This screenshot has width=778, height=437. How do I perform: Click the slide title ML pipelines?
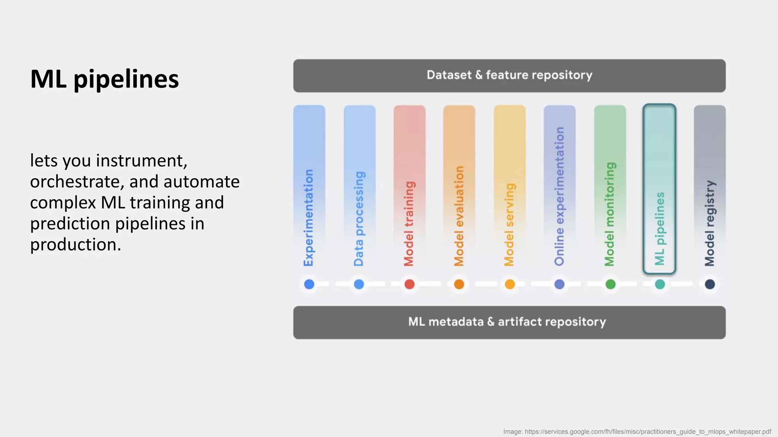[x=104, y=79]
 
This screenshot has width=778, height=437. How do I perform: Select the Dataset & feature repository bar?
[x=509, y=75]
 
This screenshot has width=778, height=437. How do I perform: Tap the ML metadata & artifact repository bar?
[x=509, y=322]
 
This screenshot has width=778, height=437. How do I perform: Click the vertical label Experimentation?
[x=309, y=217]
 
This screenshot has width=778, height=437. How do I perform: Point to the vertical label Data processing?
[x=359, y=218]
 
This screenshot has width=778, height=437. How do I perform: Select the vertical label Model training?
[x=409, y=223]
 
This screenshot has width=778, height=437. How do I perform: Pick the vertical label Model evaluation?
[x=459, y=216]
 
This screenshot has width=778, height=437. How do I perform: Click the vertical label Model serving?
[x=509, y=224]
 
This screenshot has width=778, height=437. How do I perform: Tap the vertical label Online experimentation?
[x=559, y=196]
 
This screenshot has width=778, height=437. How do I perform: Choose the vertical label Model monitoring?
[x=610, y=214]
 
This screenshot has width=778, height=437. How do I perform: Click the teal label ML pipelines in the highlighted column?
[x=660, y=228]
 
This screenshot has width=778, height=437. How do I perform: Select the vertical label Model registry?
[x=710, y=223]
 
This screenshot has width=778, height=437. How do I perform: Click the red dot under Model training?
[x=409, y=284]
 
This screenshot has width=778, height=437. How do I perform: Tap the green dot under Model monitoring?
[x=610, y=284]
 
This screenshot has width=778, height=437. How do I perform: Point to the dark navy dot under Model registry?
[x=710, y=284]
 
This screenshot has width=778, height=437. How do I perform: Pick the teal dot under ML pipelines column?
[x=660, y=284]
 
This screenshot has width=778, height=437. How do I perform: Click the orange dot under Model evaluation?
[x=459, y=284]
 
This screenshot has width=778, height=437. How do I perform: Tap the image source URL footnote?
[x=637, y=432]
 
